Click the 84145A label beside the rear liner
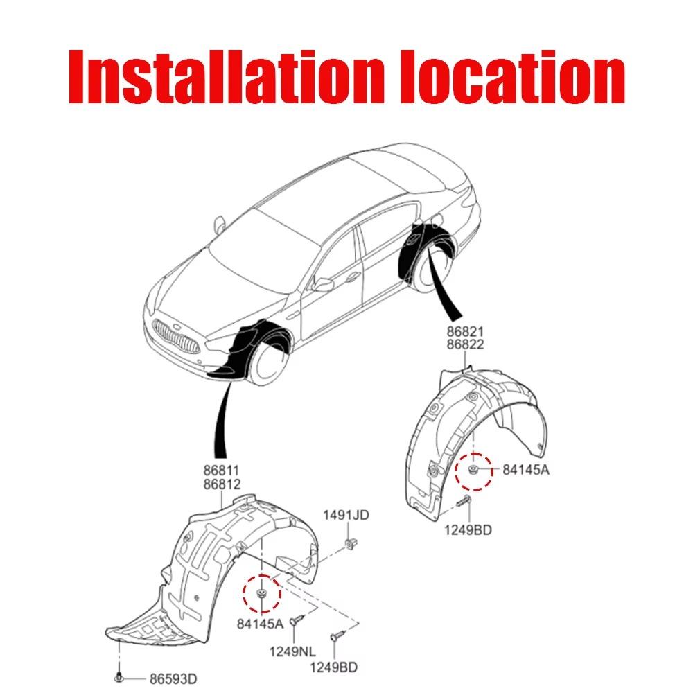click(525, 470)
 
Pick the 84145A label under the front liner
click(261, 623)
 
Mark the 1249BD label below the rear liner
click(468, 530)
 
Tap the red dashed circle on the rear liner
click(473, 470)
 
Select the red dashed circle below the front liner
click(261, 594)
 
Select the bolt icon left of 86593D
click(121, 676)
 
